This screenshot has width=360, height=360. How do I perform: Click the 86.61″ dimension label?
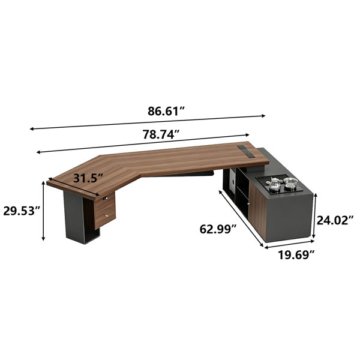tap(166, 111)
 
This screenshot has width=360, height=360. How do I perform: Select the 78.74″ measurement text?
tap(161, 134)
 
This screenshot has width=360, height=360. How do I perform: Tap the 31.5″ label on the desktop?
tap(88, 178)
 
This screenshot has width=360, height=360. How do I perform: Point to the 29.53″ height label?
tap(22, 211)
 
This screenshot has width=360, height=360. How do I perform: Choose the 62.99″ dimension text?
tap(218, 229)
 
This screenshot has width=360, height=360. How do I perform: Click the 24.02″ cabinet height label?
tap(335, 220)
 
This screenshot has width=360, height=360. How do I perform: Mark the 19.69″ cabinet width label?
tap(296, 255)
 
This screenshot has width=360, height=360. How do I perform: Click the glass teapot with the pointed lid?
tap(275, 185)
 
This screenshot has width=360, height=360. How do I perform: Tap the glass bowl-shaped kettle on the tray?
tap(290, 184)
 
